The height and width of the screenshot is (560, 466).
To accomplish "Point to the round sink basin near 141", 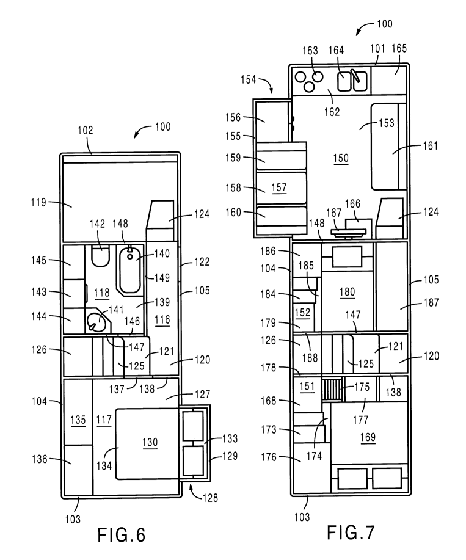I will point(95,319).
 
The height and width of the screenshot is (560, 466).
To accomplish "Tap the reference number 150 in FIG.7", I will point(340,158).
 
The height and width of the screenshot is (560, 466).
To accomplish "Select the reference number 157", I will point(279,187).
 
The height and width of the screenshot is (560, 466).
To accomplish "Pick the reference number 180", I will point(346,291).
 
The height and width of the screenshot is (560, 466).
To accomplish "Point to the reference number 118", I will point(101,293).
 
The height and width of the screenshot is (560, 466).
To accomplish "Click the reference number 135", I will point(77,420).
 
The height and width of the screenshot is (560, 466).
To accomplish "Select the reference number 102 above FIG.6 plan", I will point(86,130).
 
